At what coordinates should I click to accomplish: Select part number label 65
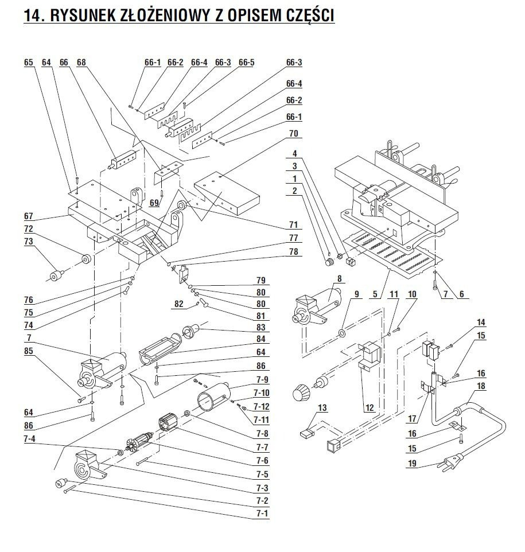click(29, 62)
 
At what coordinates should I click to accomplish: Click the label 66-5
click(246, 62)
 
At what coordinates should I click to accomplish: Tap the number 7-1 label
click(261, 512)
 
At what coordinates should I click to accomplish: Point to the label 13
click(322, 407)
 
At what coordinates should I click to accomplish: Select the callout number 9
click(356, 294)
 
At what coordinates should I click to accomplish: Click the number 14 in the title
click(31, 15)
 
